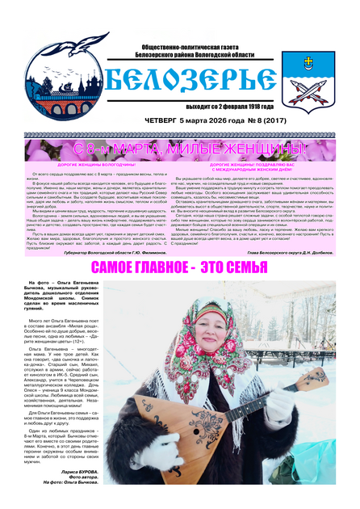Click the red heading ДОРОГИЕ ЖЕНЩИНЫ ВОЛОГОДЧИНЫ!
click(94, 165)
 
